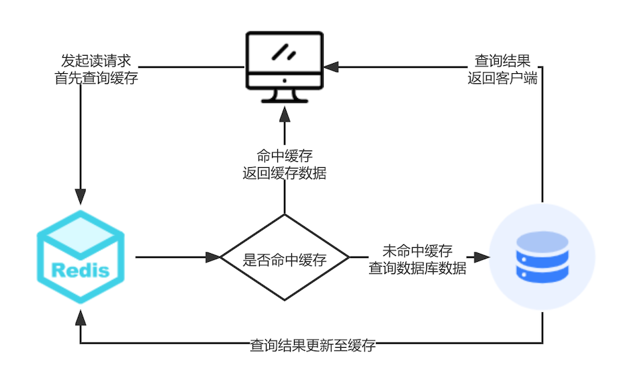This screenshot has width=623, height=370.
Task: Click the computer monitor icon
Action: pos(284,66)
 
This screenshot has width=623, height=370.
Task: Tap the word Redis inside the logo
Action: pos(81,271)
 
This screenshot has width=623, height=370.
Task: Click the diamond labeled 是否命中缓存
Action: pos(285,259)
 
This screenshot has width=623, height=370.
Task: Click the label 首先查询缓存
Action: pos(96,77)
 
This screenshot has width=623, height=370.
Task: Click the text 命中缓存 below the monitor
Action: pos(285,156)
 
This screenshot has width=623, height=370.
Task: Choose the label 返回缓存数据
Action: pos(285,173)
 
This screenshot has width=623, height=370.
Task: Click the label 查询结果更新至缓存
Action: pos(313,346)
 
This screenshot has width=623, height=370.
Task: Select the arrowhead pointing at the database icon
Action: pos(481,257)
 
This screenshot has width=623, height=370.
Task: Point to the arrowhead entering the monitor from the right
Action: pos(331,66)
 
